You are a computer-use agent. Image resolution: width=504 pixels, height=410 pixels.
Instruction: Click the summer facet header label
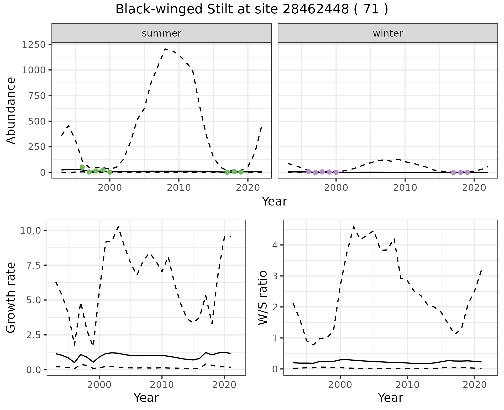point(161,33)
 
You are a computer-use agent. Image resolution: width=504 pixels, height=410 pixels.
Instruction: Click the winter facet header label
point(388,33)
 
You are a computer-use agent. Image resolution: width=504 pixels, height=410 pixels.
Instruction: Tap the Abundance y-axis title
point(11,110)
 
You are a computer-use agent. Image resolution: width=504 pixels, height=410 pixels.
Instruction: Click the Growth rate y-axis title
point(11,298)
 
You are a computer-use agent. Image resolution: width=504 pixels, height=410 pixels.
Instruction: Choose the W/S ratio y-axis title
point(262,298)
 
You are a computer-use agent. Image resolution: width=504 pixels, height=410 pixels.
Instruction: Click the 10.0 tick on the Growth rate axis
point(31,230)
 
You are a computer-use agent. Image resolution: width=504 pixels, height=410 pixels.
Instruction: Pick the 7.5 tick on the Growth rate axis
point(34,265)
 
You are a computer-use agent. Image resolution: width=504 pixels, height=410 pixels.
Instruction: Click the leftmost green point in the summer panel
point(82,167)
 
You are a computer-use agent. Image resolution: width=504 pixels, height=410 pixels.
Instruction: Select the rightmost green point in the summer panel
point(241,172)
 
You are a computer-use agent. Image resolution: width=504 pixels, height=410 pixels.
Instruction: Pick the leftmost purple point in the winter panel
point(308,172)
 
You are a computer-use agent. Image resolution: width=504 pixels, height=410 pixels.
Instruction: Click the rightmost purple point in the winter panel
point(467,172)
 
